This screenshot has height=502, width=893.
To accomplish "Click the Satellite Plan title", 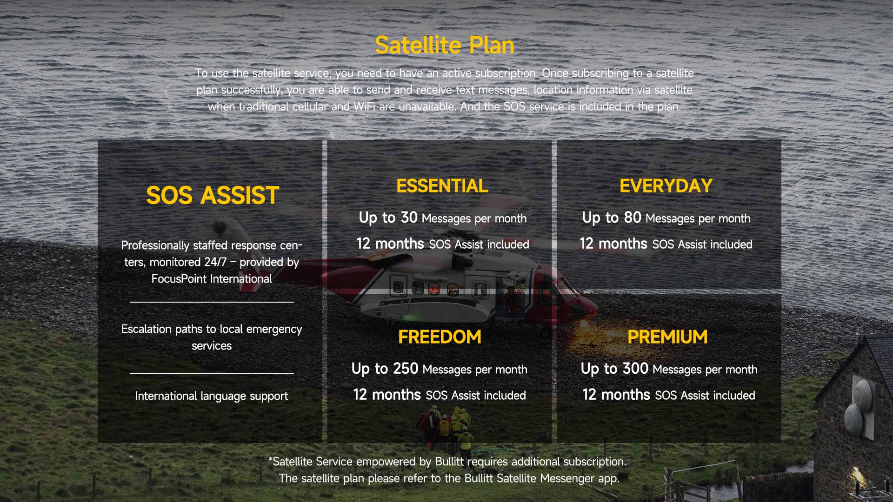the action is click(445, 46).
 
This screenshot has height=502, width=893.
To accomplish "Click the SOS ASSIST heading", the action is click(213, 195).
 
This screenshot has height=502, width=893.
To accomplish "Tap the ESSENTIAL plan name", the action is click(442, 186).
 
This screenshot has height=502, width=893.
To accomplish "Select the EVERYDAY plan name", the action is click(666, 186).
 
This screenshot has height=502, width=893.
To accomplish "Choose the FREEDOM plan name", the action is click(440, 337).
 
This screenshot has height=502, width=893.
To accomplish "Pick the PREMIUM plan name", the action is click(667, 337).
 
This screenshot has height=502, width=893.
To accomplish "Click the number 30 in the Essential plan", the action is click(409, 217).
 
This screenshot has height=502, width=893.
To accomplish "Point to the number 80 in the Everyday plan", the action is click(633, 217).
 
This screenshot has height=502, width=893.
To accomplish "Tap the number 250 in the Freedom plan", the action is click(406, 368).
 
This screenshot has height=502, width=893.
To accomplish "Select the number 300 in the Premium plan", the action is click(635, 368).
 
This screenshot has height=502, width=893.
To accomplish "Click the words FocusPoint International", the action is click(212, 279).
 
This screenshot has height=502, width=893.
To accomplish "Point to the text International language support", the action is click(212, 396).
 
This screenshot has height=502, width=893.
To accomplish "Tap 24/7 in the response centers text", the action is click(215, 262).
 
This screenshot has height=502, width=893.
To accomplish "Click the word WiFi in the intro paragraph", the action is click(364, 106).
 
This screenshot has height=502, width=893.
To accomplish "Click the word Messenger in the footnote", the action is click(567, 478).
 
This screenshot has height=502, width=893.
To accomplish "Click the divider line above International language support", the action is click(212, 373).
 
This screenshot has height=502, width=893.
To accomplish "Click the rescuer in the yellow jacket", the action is click(465, 440).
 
